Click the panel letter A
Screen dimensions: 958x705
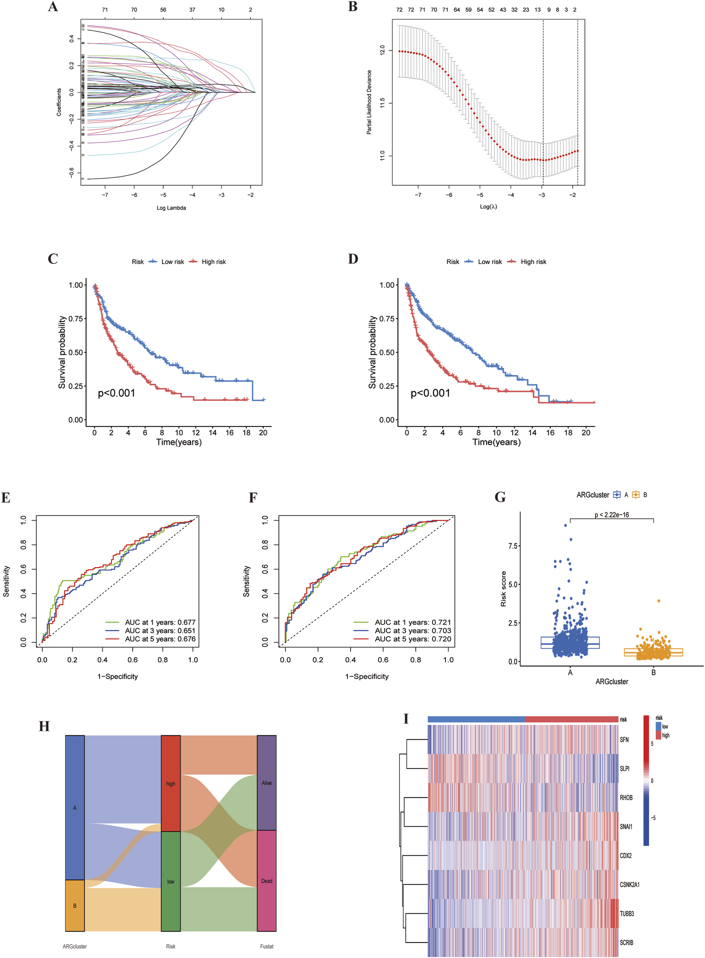53,7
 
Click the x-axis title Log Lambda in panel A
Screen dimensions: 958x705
171,208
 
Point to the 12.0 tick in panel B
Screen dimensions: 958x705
382,50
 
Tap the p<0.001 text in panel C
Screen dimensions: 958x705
116,393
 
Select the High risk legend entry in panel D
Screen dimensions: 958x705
533,262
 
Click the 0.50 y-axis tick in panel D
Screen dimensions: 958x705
387,352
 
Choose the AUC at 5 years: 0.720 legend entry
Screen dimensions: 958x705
412,639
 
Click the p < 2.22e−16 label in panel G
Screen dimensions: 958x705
612,515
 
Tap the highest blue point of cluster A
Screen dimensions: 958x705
565,525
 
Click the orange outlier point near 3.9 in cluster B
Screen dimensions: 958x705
659,601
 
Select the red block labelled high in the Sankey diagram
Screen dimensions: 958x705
171,783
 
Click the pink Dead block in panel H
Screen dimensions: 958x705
267,881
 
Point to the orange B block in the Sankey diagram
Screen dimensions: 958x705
75,905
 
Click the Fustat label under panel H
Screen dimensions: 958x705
267,946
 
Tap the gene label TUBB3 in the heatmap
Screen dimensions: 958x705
626,914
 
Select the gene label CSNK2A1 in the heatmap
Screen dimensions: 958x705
630,885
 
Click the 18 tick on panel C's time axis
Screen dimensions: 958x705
247,433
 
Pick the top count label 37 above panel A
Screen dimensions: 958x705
192,10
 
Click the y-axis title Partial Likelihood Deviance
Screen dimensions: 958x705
369,102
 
